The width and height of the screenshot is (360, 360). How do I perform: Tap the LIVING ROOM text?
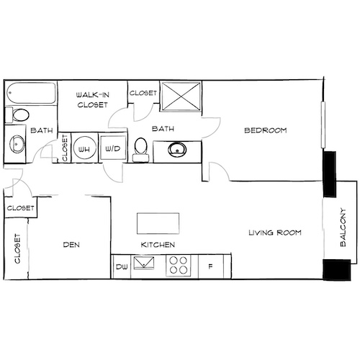274,233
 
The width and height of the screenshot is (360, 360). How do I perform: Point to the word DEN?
71,246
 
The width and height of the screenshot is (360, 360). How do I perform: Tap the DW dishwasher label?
122,268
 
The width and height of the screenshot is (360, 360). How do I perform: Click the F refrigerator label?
210,268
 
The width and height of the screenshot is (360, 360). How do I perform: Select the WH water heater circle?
84,148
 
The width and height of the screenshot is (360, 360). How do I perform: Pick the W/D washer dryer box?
113,148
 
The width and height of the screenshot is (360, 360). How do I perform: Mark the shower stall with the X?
181,97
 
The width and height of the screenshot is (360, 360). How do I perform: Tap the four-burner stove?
178,266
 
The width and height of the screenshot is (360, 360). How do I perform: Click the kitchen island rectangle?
157,222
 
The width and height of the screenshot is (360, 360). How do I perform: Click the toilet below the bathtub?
19,114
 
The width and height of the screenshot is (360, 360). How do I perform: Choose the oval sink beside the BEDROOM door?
176,150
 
